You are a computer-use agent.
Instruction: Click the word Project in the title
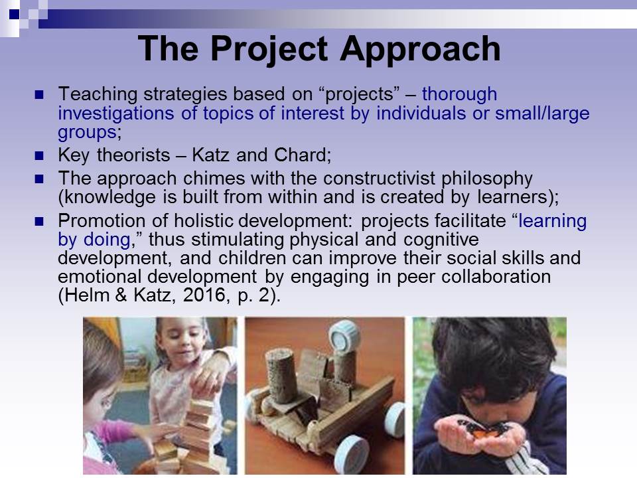coord(269,48)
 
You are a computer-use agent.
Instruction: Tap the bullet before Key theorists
coord(39,155)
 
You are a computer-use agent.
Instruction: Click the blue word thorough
coord(459,94)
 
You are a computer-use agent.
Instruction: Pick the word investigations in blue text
coord(115,114)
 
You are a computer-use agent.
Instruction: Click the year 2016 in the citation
coord(204,295)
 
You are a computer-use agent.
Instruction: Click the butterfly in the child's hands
coord(484,430)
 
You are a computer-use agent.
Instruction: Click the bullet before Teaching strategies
coord(39,95)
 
